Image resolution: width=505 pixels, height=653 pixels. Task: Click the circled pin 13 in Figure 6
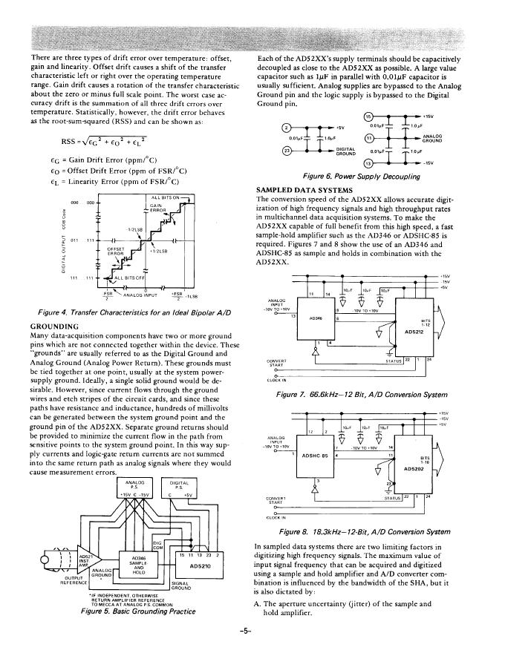[x=369, y=164]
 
